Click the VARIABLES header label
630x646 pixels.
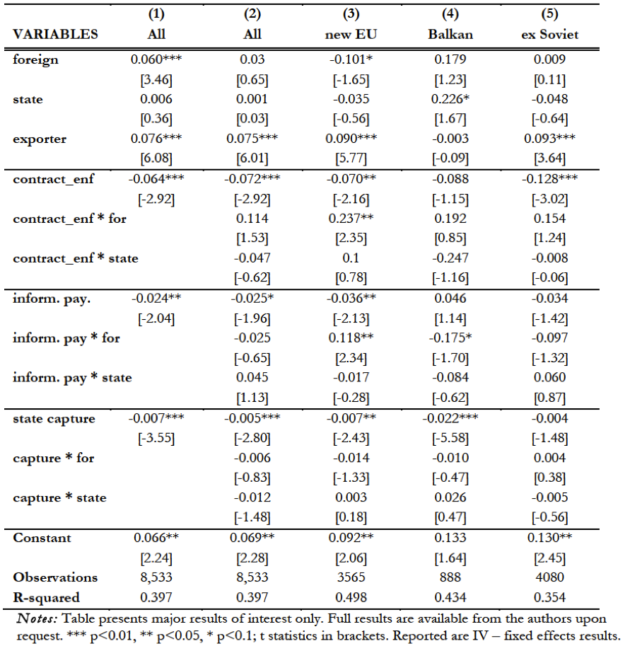click(x=56, y=34)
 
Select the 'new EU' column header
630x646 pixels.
click(x=347, y=34)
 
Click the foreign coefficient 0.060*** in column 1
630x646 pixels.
click(x=158, y=59)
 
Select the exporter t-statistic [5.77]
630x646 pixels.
click(x=346, y=158)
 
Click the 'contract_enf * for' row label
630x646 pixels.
click(x=70, y=219)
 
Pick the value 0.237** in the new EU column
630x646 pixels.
click(x=346, y=219)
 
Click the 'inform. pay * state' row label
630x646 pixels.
click(x=72, y=377)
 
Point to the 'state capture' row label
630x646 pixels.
click(x=54, y=418)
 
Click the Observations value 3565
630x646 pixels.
click(x=346, y=577)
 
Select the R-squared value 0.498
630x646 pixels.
click(x=346, y=596)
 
